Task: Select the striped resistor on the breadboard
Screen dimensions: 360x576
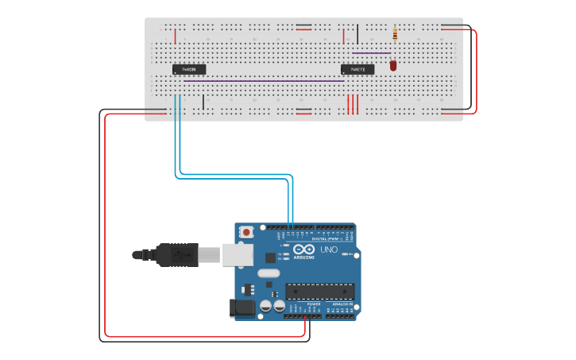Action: pyautogui.click(x=395, y=34)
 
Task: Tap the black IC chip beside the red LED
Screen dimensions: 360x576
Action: pyautogui.click(x=358, y=70)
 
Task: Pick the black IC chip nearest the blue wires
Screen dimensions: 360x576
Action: pyautogui.click(x=189, y=70)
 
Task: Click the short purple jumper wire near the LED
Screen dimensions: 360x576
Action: pyautogui.click(x=371, y=53)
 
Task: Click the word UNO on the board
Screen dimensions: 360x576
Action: pyautogui.click(x=329, y=250)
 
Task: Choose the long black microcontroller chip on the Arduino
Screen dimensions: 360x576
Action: pyautogui.click(x=319, y=292)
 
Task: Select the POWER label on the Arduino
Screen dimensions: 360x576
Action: pyautogui.click(x=314, y=304)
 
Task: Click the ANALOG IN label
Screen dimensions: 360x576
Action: pyautogui.click(x=342, y=304)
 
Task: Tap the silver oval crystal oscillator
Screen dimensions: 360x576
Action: pyautogui.click(x=269, y=273)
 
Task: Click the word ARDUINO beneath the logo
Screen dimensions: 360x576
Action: pyautogui.click(x=303, y=257)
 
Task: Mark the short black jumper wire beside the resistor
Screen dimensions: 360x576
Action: pyautogui.click(x=358, y=34)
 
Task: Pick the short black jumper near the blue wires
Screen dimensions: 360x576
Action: pyautogui.click(x=203, y=103)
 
